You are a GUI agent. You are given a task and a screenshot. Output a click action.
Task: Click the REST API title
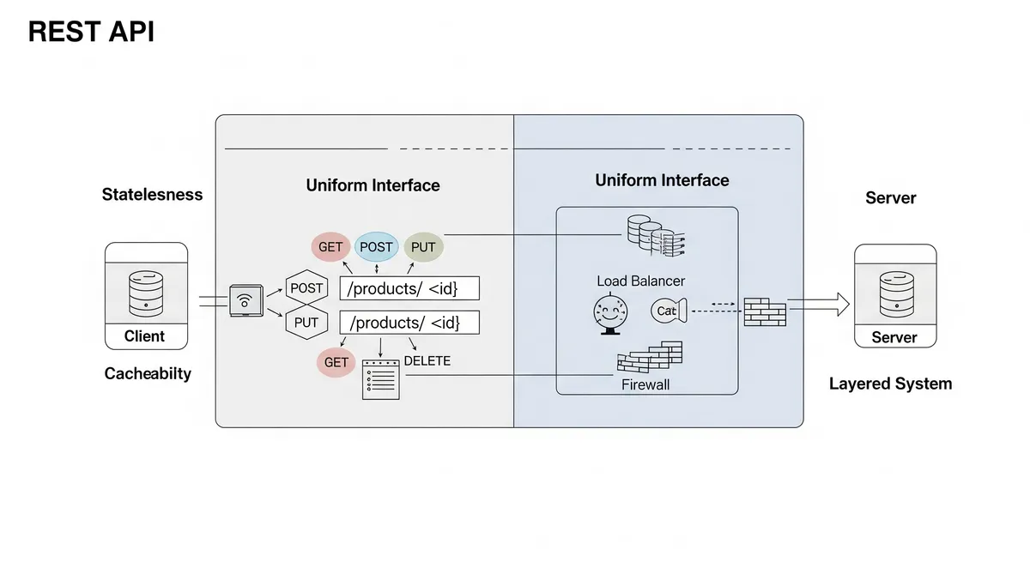point(91,32)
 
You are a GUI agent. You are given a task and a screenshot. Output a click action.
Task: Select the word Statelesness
point(152,194)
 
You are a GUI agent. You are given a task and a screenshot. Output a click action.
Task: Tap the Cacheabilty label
point(148,373)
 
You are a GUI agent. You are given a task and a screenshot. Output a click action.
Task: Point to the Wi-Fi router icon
point(245,301)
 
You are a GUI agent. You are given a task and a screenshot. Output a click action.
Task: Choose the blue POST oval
point(376,247)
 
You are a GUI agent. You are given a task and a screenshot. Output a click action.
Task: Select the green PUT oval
point(423,247)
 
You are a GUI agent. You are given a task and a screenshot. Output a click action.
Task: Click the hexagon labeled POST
point(306,288)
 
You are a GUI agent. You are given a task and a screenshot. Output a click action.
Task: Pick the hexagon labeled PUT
point(306,323)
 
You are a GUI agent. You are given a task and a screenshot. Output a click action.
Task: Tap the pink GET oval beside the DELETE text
point(336,362)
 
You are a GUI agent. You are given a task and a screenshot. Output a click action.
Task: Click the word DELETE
point(427,361)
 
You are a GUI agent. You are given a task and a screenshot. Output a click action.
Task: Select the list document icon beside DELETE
point(381,378)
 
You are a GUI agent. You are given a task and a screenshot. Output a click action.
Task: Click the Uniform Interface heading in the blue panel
point(662,180)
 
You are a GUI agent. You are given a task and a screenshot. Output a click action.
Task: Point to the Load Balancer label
point(640,281)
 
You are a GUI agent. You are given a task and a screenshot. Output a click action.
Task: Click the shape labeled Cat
point(668,311)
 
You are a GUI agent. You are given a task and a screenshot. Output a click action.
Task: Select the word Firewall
point(645,384)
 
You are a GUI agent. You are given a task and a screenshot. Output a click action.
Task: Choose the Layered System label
point(890,384)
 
